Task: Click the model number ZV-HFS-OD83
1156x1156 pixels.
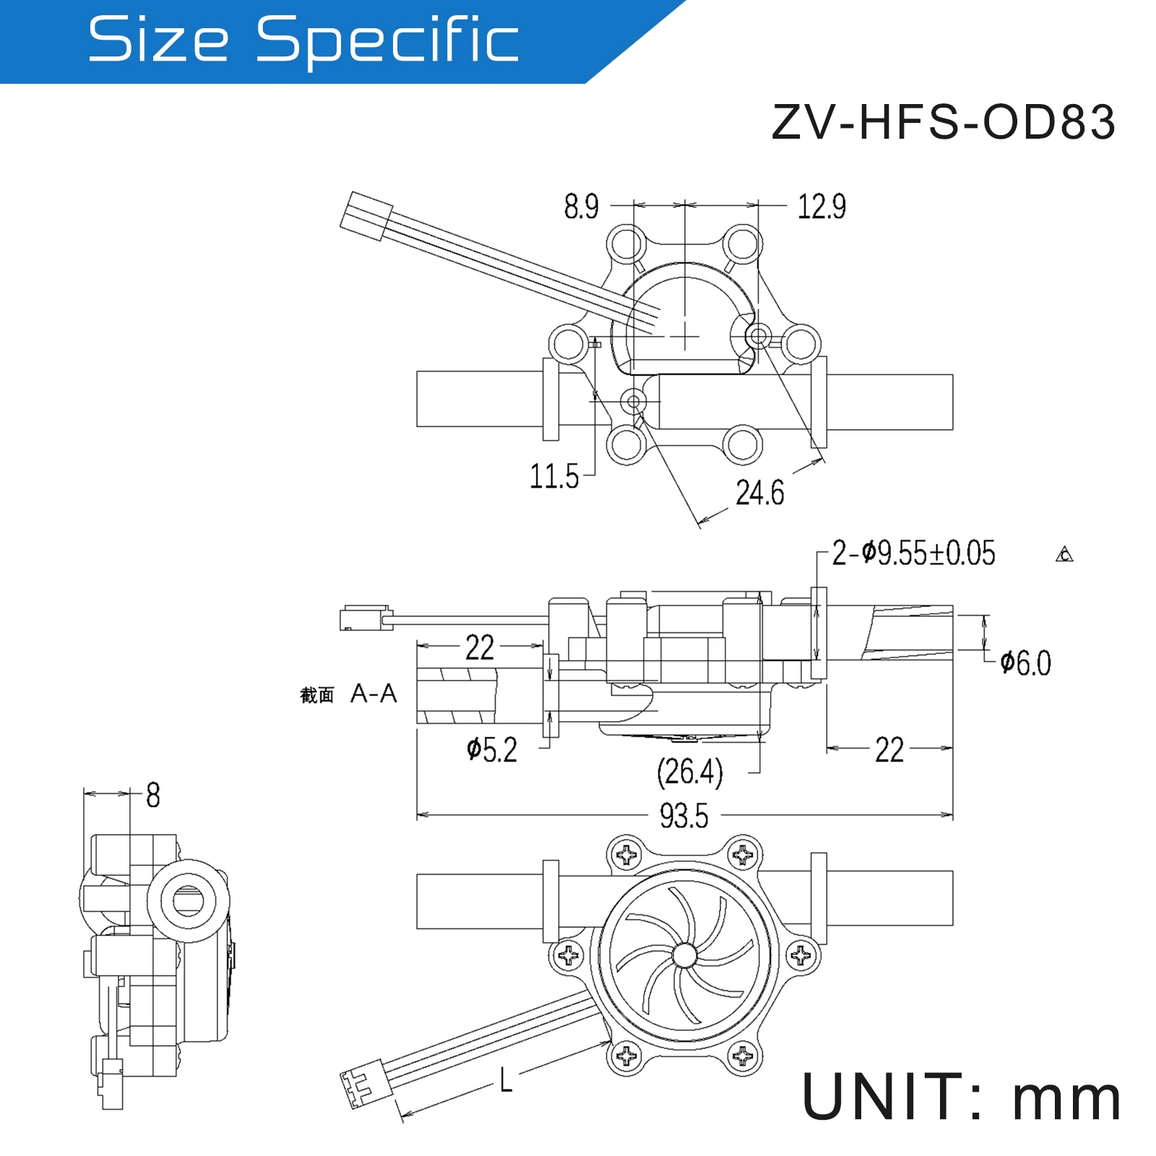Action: point(943,122)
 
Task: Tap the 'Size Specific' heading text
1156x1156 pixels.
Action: point(303,40)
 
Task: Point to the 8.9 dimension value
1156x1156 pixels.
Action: point(581,207)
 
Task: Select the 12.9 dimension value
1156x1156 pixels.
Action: point(821,207)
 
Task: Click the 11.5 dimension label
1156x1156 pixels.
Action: point(554,477)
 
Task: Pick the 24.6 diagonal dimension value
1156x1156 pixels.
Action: point(759,493)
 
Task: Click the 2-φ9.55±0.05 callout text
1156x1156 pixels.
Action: point(913,553)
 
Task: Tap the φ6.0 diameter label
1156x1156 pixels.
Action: point(1025,663)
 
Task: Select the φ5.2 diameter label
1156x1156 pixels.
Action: point(492,750)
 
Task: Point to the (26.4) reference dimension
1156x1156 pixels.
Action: point(689,772)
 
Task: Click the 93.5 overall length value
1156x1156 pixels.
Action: point(683,816)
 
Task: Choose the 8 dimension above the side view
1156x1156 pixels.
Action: point(152,795)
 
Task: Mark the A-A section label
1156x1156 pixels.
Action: point(374,694)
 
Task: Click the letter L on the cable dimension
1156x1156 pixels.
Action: point(506,1081)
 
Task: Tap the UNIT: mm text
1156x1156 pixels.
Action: point(961,1097)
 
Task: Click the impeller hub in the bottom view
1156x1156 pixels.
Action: point(683,956)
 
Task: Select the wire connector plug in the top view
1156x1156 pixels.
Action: point(366,216)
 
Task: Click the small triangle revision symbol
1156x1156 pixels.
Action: point(1064,555)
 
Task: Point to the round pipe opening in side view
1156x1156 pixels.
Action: point(188,900)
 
